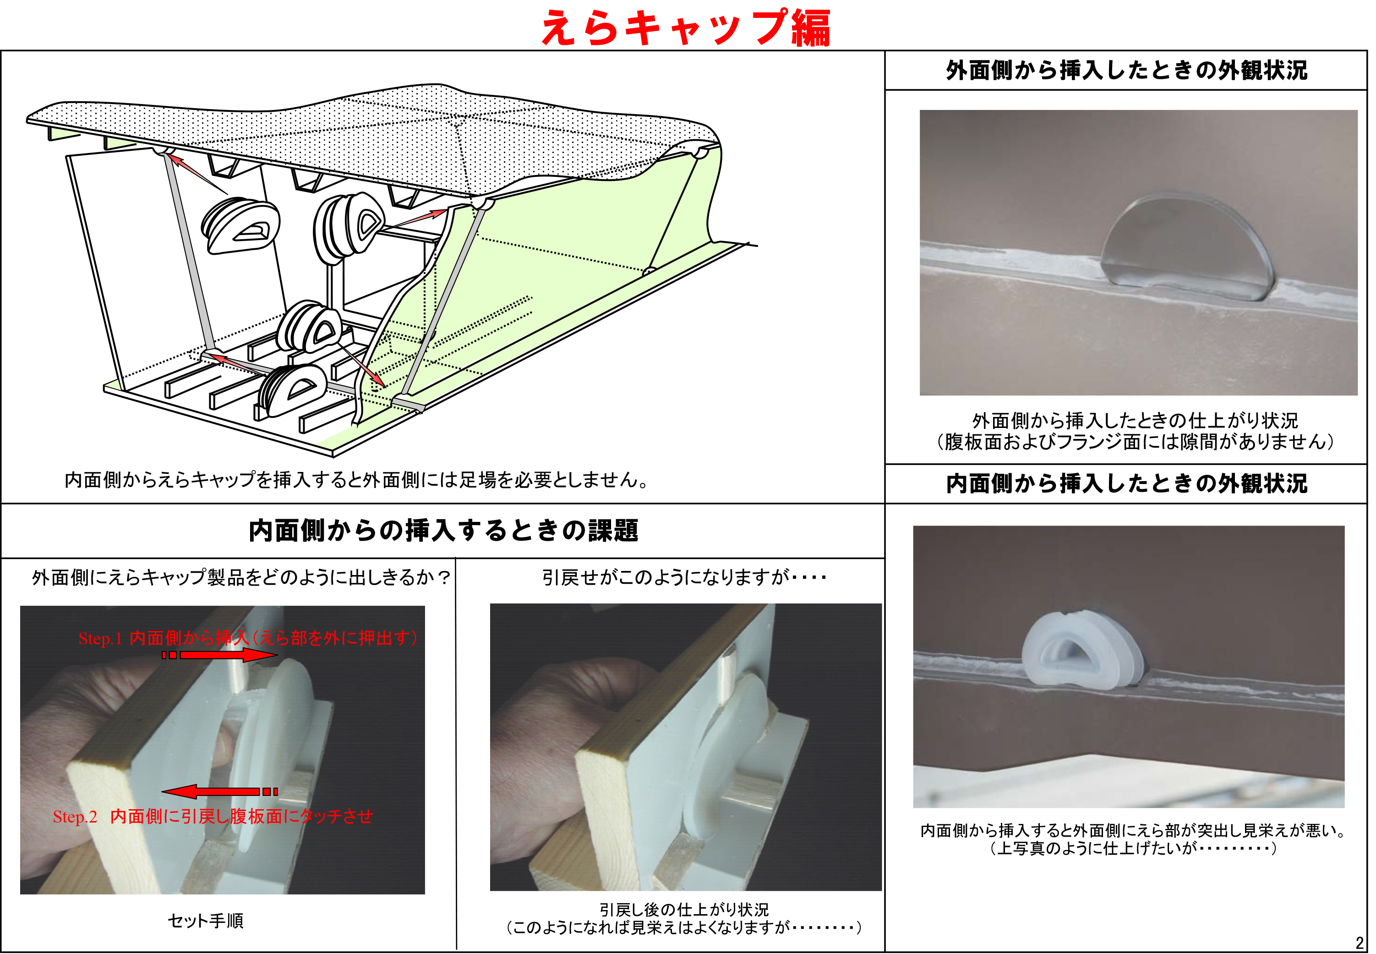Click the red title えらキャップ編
coord(685,27)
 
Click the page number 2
coord(1359,943)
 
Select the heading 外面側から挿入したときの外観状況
coord(1126,71)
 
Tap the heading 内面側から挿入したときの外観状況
coord(1126,483)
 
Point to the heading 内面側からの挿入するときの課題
coord(443,530)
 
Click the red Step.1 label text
coord(248,638)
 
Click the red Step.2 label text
coord(213,817)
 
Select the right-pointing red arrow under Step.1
coord(219,655)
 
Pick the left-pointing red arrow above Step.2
coord(219,791)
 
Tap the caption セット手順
coord(206,921)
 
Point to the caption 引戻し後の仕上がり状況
coord(684,909)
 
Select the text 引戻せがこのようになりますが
coord(666,577)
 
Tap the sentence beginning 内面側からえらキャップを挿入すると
coord(357,479)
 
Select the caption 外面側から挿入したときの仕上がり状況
coord(1135,421)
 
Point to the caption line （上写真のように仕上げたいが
coord(1133,848)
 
